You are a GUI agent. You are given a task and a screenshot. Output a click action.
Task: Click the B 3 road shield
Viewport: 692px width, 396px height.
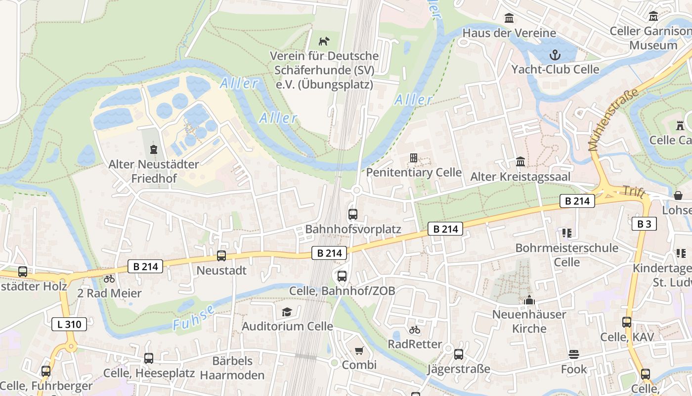644,224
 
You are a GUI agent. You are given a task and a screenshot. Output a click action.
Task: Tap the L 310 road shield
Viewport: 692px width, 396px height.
69,324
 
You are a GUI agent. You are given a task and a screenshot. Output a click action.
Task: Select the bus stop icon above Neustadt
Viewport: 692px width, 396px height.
221,256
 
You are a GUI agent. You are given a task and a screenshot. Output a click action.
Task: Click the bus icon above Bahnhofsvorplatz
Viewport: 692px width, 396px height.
352,214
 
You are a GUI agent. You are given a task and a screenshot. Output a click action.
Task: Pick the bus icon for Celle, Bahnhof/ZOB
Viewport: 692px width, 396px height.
342,276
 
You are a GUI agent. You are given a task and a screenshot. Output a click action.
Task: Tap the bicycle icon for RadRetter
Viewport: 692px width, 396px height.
415,330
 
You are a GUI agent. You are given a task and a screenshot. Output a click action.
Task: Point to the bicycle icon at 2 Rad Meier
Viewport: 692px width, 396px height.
109,279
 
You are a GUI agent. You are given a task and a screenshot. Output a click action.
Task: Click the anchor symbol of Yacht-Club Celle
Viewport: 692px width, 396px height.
555,54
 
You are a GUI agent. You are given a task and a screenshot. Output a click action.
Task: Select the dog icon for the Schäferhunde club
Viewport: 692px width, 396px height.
324,41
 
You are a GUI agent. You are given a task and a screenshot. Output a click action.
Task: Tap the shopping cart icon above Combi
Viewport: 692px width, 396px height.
359,350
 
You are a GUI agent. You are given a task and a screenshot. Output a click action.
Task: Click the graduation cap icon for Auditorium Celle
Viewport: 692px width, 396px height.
287,312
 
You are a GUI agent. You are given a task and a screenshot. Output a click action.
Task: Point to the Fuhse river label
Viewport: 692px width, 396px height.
194,318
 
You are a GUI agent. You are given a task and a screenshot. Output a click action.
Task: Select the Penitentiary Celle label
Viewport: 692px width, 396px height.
414,173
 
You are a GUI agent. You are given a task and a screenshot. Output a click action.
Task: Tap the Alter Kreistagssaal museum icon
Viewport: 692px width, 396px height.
520,162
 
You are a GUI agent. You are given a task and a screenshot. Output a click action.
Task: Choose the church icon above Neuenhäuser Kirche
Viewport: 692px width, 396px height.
529,300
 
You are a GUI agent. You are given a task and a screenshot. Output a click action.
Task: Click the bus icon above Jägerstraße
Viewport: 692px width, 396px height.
459,354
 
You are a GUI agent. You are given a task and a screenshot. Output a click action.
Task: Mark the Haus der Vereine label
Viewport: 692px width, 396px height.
509,33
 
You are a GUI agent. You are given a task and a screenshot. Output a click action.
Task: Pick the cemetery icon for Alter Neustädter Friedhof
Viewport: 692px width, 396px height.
154,149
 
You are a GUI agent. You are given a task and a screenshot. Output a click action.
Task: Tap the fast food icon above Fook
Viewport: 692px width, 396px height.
573,354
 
